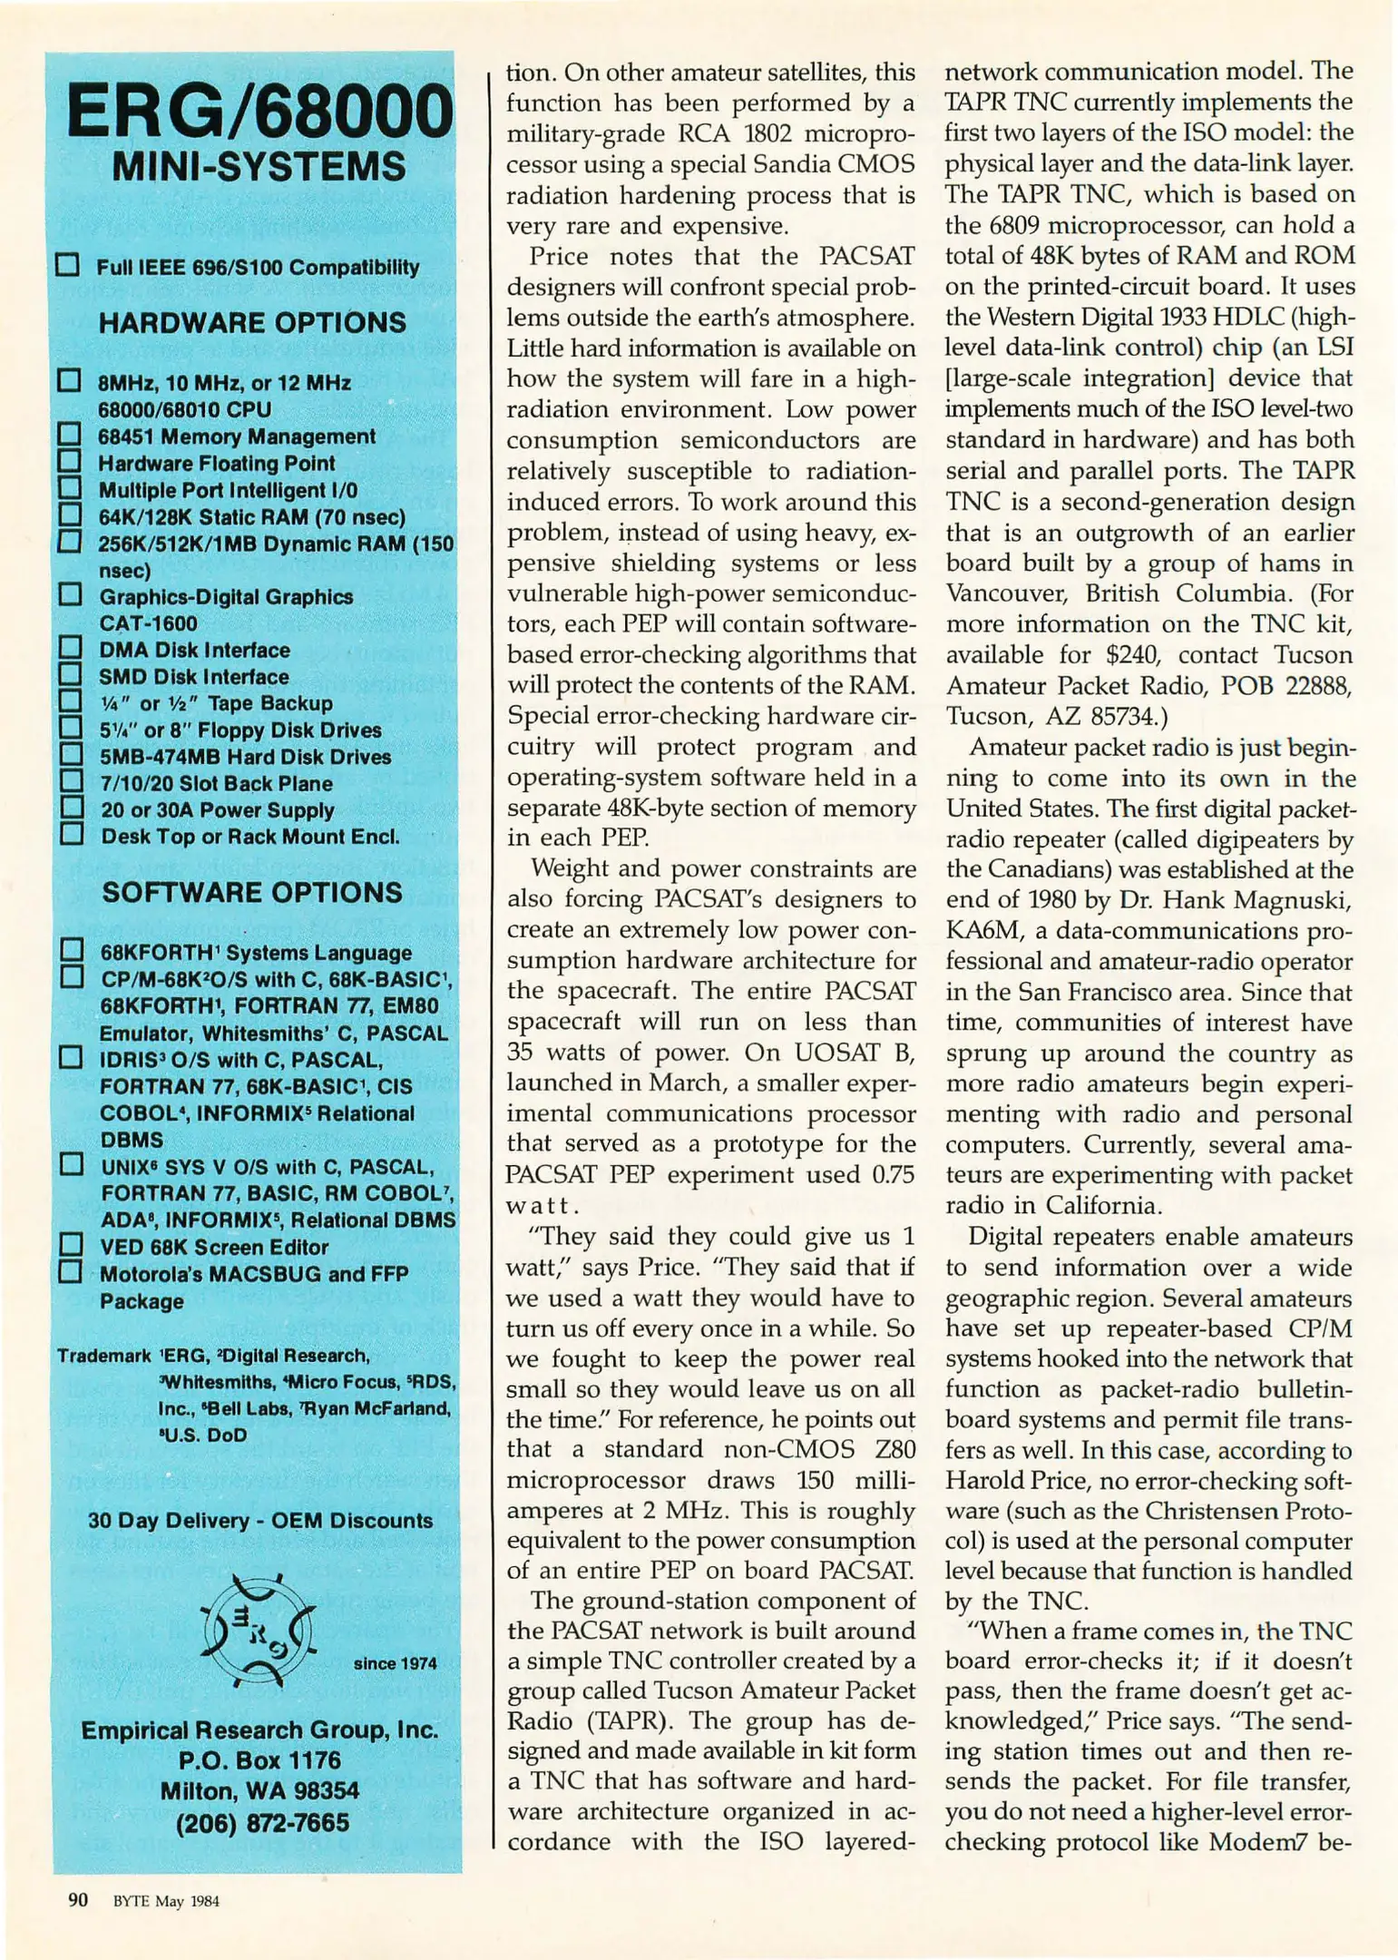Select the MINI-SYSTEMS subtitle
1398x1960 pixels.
[259, 168]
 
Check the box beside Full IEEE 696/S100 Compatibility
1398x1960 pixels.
[68, 265]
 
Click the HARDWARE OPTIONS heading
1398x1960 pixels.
[252, 323]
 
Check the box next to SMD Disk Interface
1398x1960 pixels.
[70, 675]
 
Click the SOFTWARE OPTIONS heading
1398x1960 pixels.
[252, 893]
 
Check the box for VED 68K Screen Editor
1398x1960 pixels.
[71, 1244]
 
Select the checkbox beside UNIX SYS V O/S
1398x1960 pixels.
[71, 1164]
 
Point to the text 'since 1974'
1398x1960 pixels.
[395, 1663]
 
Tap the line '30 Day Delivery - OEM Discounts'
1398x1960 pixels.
[260, 1520]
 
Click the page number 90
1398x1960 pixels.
[78, 1900]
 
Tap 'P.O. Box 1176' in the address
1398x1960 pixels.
[259, 1760]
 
